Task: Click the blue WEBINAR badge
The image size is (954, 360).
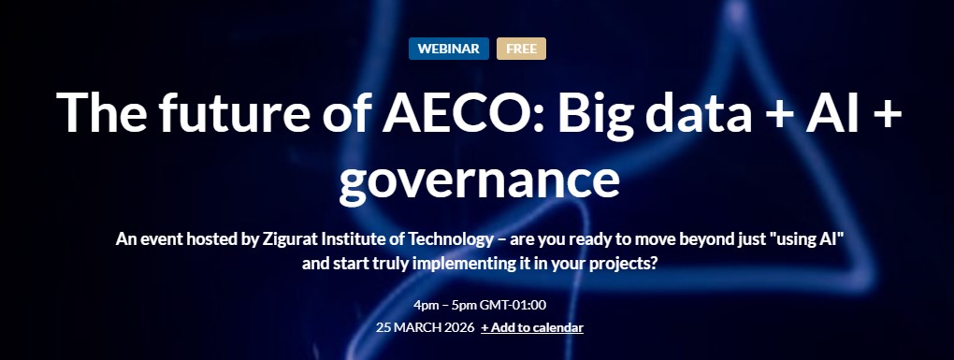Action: click(x=448, y=49)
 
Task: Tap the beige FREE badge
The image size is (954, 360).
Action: click(x=521, y=49)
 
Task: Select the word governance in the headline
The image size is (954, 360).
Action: click(x=479, y=180)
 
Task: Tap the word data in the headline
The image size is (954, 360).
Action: click(x=699, y=112)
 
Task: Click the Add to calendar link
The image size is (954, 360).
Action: click(x=532, y=328)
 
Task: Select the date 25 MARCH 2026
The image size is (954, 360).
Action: click(x=425, y=328)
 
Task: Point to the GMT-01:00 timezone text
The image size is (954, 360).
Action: click(x=513, y=305)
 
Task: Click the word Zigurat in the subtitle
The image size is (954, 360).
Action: click(x=284, y=239)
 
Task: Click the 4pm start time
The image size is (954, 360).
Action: click(x=424, y=305)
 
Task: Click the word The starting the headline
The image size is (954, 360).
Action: click(x=101, y=112)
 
